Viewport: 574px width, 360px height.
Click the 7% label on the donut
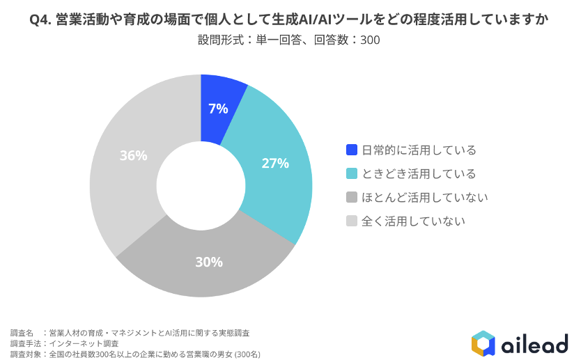218,109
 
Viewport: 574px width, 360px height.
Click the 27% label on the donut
275,164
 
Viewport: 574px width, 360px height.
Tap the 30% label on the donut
209,262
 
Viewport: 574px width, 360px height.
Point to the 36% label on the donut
133,156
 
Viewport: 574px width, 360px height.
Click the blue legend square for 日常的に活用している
352,150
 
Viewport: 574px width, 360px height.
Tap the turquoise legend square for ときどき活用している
352,173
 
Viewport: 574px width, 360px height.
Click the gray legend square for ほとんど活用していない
352,197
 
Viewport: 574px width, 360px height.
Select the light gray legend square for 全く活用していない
352,221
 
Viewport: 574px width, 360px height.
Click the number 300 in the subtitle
370,40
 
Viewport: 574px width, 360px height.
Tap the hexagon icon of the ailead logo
483,343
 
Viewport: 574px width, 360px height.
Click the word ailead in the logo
534,343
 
